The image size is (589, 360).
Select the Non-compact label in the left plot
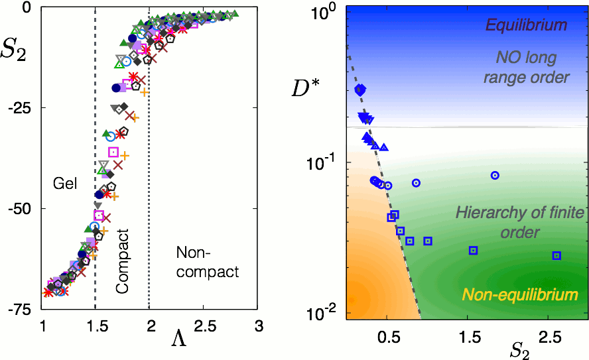pyautogui.click(x=208, y=263)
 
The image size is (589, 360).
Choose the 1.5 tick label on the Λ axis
pyautogui.click(x=96, y=326)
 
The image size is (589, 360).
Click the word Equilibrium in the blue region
pyautogui.click(x=526, y=26)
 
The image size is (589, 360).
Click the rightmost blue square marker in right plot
pyautogui.click(x=556, y=256)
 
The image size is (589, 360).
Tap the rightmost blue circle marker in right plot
pyautogui.click(x=495, y=176)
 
